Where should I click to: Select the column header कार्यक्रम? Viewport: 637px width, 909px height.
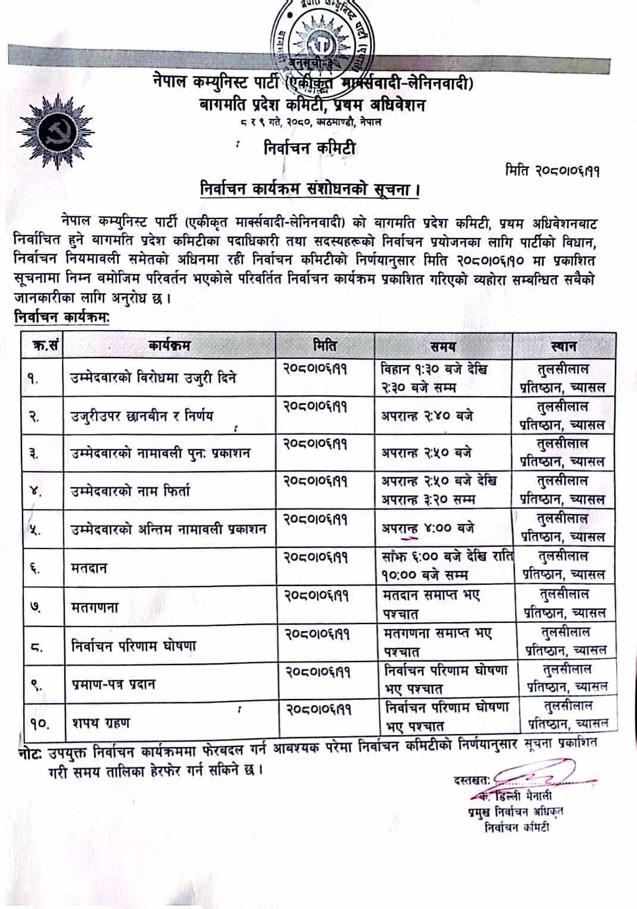tap(170, 345)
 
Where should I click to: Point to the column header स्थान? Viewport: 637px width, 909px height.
tap(563, 346)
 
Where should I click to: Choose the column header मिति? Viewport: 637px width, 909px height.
tap(325, 345)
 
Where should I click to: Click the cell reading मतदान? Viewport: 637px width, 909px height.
tap(89, 568)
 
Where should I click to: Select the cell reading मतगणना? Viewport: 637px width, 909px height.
tap(95, 607)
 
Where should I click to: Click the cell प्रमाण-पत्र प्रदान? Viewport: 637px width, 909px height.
tap(113, 684)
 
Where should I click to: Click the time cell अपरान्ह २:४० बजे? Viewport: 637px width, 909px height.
tap(427, 415)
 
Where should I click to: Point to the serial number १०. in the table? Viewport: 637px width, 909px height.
tap(39, 723)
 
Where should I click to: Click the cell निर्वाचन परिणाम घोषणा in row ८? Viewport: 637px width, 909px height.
tap(133, 646)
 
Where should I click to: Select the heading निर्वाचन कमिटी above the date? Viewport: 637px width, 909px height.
tap(310, 148)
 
